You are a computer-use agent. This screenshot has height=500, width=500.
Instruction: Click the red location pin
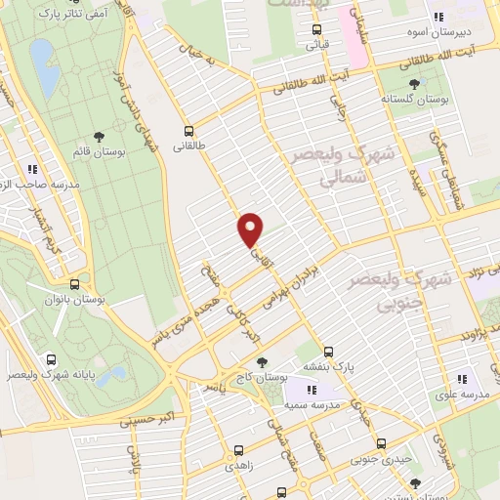click(251, 229)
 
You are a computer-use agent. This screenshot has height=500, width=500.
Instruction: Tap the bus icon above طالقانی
click(189, 131)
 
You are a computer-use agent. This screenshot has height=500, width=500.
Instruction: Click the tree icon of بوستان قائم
click(100, 136)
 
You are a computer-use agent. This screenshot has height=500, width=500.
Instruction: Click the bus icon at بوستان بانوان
click(75, 284)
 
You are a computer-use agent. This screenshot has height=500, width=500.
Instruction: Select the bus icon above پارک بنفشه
click(329, 352)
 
